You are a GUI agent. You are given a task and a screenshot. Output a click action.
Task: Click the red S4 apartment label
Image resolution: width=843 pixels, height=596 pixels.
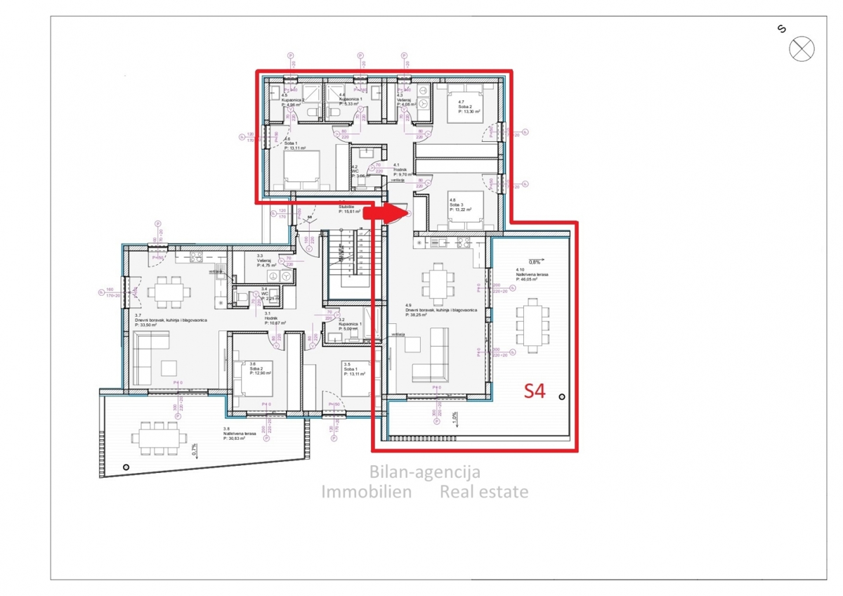tap(535, 391)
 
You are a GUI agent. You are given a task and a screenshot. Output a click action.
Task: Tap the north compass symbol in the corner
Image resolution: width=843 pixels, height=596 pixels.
tap(801, 49)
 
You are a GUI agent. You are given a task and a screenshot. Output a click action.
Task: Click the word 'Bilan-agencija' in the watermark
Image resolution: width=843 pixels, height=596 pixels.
tap(425, 473)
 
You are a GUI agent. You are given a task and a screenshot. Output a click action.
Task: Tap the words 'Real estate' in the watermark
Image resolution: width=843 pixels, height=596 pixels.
tap(484, 492)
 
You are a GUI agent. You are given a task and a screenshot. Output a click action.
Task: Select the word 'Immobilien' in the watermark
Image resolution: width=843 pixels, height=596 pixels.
tap(367, 492)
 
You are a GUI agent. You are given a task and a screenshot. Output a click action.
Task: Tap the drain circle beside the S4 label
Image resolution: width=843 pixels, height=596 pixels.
tap(561, 398)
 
